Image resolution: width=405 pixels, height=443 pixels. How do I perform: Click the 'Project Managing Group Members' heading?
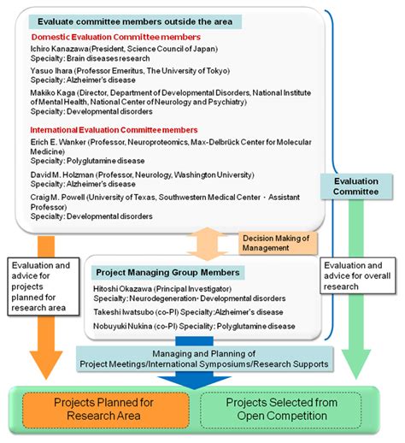(167, 272)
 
